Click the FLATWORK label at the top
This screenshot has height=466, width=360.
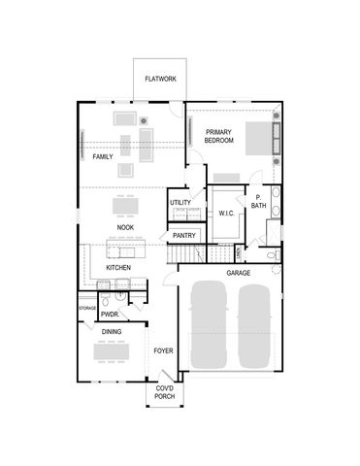point(160,79)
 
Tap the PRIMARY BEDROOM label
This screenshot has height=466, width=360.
point(219,136)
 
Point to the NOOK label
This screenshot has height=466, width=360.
point(125,227)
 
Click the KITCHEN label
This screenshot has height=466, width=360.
point(118,267)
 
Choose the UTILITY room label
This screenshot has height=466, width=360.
point(180,203)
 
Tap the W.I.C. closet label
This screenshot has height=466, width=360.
point(227,213)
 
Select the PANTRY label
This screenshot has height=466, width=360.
point(184,235)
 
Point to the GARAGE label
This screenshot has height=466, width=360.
point(239,273)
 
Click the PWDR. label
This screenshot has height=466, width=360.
point(110,315)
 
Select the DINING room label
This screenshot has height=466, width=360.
point(113,332)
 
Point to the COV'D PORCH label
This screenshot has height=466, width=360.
point(165,393)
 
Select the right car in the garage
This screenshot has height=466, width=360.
point(253,325)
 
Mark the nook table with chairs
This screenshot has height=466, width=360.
point(125,206)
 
